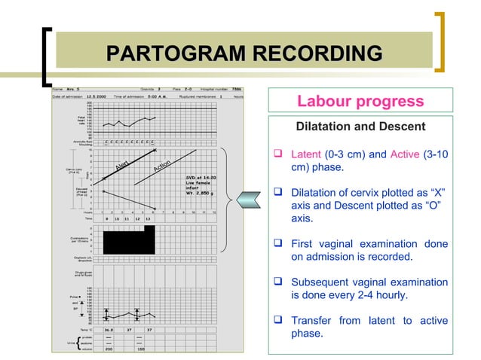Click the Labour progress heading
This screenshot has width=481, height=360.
point(360,101)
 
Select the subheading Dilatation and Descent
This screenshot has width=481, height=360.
point(360,127)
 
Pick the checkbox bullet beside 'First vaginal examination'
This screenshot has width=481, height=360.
point(278,245)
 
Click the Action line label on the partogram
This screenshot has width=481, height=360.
point(165,164)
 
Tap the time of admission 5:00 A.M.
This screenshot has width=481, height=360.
point(163,96)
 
